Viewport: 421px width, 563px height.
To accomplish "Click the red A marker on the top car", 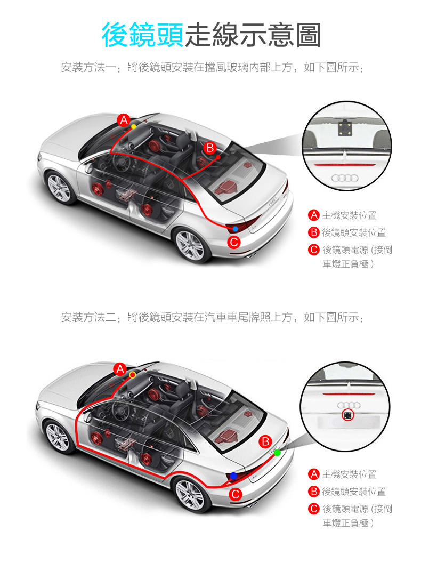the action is pos(124,120).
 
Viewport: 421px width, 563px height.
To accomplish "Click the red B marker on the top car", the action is pos(210,148).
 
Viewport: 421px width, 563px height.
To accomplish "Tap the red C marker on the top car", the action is pos(234,242).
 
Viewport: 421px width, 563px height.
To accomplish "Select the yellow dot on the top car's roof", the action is pos(134,126).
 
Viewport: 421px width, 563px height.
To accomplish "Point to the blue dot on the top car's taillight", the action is pos(235,229).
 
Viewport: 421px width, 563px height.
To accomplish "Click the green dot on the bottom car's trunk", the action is pos(277,453).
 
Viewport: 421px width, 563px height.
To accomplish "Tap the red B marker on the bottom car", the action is pos(266,441).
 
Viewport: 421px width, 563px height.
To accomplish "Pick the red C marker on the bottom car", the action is pos(236,494).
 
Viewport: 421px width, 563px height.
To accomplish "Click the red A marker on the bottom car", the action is pos(120,369).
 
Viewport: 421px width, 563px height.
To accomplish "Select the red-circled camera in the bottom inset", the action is pos(348,415).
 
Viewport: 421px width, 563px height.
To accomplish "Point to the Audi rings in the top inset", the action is pos(345,178).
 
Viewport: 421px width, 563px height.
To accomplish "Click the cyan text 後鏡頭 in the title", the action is pos(142,35).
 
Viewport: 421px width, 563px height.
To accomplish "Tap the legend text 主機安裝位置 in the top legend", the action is pos(349,215).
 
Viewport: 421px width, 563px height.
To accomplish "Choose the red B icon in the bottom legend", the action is pos(314,492).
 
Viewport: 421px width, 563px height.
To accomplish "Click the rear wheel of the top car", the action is pos(190,246).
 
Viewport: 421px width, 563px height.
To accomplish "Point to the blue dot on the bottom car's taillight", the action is pos(233,476).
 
